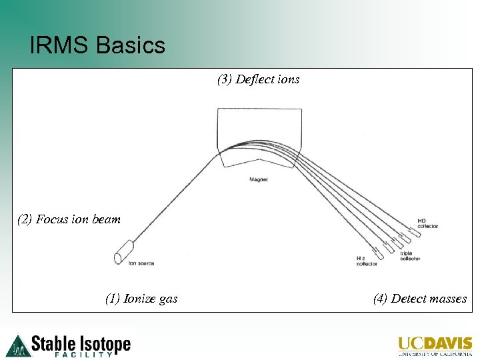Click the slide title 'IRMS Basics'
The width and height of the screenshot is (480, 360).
tap(97, 46)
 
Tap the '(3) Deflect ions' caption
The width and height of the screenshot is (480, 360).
tap(259, 80)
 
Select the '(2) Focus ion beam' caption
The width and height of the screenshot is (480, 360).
tap(69, 219)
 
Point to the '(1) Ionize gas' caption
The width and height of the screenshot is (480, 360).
tap(141, 299)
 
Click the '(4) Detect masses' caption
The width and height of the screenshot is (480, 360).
tap(420, 299)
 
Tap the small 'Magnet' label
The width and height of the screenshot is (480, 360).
tap(258, 180)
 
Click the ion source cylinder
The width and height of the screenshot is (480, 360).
tap(123, 257)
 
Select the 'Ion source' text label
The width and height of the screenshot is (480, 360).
tap(141, 263)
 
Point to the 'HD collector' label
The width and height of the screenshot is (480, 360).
tap(427, 223)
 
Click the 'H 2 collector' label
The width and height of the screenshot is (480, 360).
tap(366, 261)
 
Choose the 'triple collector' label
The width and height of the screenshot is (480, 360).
tap(410, 256)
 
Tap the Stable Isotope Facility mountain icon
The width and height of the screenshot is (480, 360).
tap(18, 345)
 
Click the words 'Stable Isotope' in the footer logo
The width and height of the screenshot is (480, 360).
tap(81, 343)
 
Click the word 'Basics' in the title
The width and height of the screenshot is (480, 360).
tap(131, 46)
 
